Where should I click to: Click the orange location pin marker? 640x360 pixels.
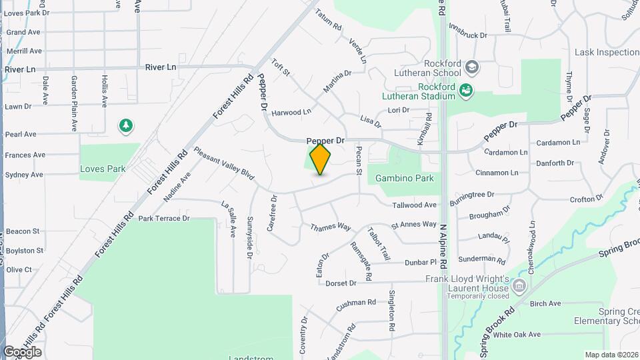click(321, 159)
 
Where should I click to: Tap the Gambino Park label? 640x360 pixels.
click(404, 178)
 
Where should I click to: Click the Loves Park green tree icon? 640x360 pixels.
click(125, 125)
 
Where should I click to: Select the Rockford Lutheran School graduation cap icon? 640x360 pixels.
click(472, 67)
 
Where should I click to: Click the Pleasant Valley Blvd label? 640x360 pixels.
click(225, 163)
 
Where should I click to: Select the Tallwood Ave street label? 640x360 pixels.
click(414, 205)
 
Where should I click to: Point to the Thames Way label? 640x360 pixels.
click(330, 227)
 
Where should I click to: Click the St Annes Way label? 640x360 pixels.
click(413, 225)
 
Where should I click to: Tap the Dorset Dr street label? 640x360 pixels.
click(341, 283)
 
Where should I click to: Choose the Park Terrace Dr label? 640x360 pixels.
click(164, 218)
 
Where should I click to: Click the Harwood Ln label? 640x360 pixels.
click(291, 113)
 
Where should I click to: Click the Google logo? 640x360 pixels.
click(22, 351)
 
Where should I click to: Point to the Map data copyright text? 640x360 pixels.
click(610, 355)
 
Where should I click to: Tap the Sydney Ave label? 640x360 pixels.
click(24, 175)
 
